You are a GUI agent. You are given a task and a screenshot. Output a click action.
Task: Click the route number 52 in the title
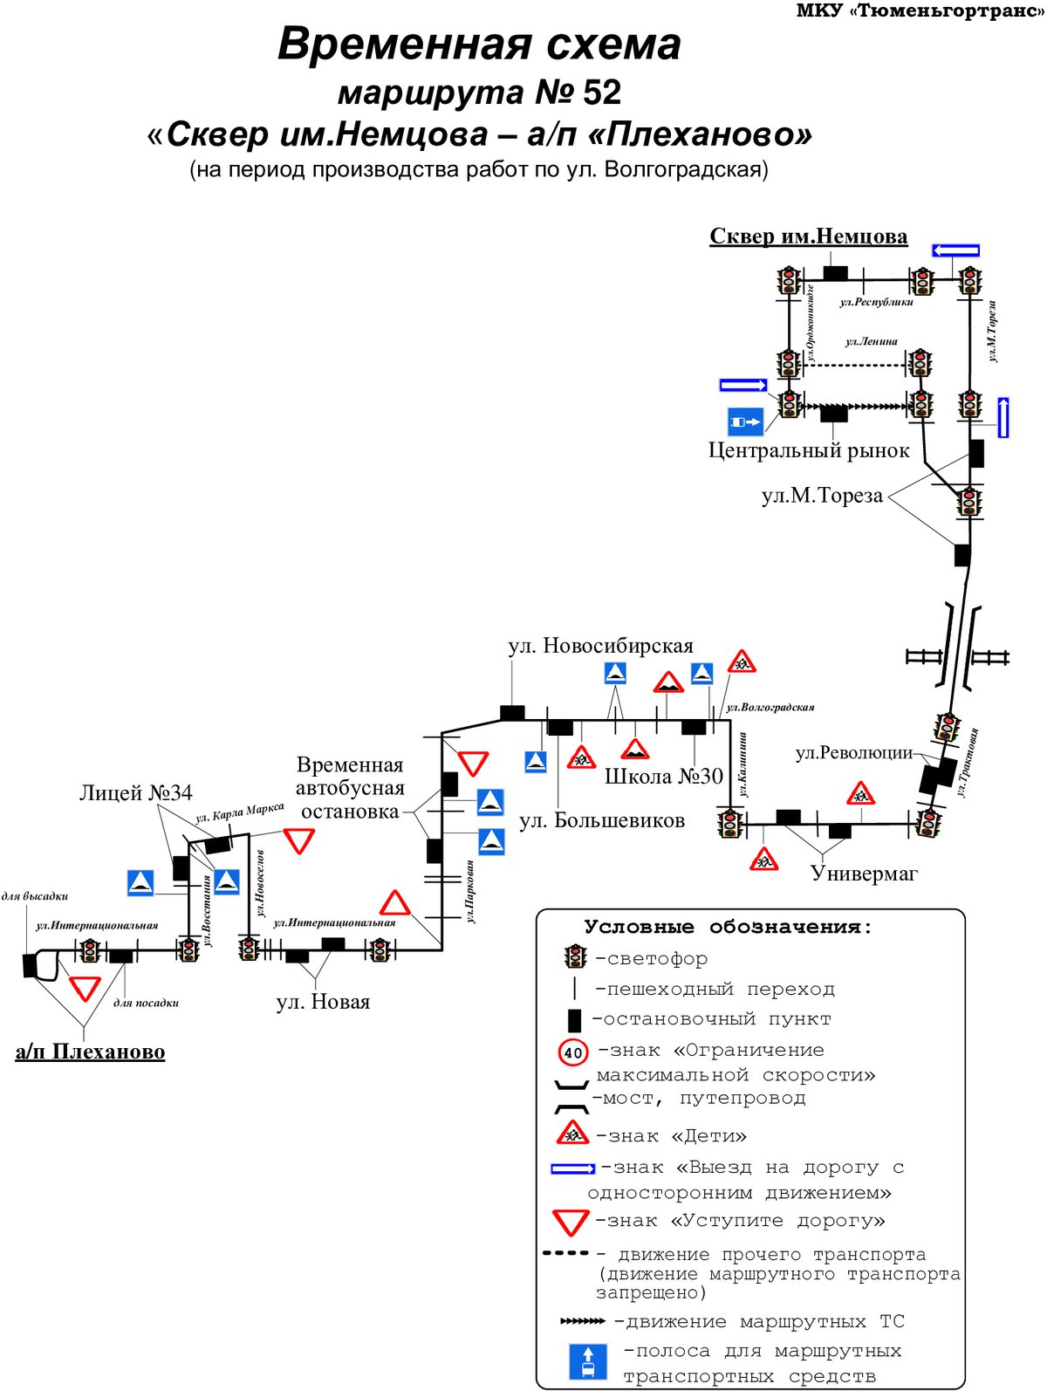pyautogui.click(x=601, y=93)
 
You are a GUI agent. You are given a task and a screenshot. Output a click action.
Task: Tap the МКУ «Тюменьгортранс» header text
pyautogui.click(x=919, y=10)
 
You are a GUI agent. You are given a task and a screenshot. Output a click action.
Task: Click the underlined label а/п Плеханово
pyautogui.click(x=90, y=1051)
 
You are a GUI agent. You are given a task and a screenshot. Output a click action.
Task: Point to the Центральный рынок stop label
pyautogui.click(x=808, y=450)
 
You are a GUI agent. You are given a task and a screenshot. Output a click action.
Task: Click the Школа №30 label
pyautogui.click(x=663, y=777)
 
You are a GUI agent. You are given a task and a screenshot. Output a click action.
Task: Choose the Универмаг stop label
pyautogui.click(x=863, y=874)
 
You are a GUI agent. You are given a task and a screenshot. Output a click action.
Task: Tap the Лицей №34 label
pyautogui.click(x=135, y=792)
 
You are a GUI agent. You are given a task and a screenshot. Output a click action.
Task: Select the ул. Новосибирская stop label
pyautogui.click(x=599, y=646)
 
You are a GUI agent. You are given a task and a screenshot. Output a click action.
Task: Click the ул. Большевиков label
pyautogui.click(x=602, y=820)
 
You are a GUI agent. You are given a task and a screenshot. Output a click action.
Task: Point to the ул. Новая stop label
pyautogui.click(x=323, y=1002)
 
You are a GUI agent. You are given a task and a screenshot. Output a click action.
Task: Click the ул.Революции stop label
pyautogui.click(x=854, y=753)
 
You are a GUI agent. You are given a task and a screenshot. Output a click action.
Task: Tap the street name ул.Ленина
pyautogui.click(x=871, y=341)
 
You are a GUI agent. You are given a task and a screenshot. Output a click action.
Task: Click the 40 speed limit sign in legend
pyautogui.click(x=572, y=1053)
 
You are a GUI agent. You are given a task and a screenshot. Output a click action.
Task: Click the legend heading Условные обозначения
pyautogui.click(x=728, y=928)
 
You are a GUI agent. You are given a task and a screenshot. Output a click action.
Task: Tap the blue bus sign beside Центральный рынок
pyautogui.click(x=745, y=421)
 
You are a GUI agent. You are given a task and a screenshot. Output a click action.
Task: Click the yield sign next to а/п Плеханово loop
pyautogui.click(x=85, y=988)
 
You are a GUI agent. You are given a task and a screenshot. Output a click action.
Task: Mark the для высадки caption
pyautogui.click(x=34, y=896)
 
